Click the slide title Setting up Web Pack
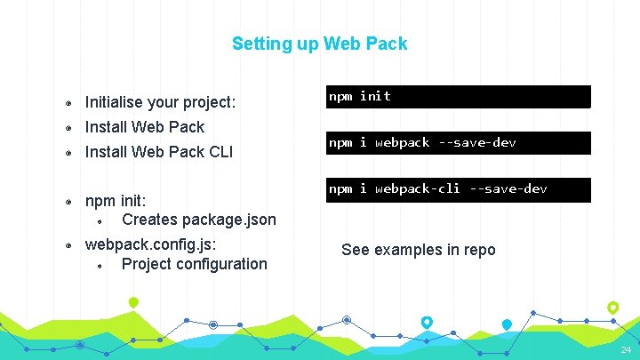click(x=319, y=43)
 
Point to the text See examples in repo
click(x=418, y=250)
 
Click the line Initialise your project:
click(x=160, y=102)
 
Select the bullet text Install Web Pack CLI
click(x=158, y=152)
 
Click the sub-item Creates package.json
click(x=198, y=219)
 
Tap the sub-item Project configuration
click(x=194, y=263)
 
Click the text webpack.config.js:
click(x=150, y=244)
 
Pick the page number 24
click(x=626, y=351)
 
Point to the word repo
click(x=479, y=250)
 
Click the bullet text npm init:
click(x=116, y=201)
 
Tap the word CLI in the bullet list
click(x=219, y=152)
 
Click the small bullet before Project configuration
click(x=102, y=264)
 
